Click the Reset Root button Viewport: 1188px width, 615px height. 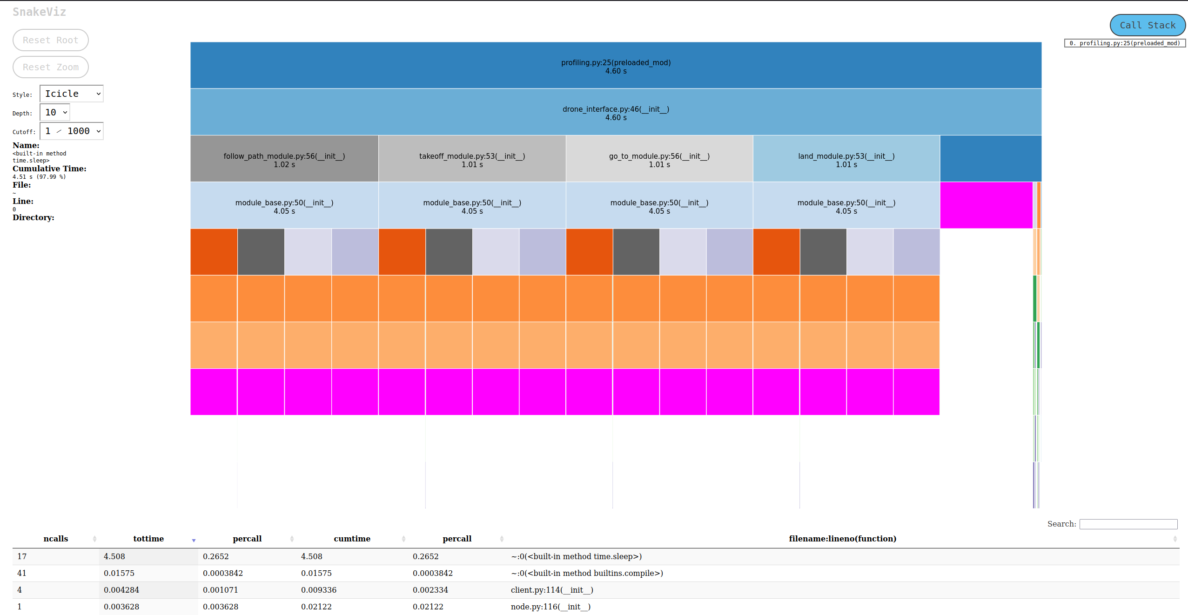coord(50,40)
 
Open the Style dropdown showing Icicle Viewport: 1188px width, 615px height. coord(72,94)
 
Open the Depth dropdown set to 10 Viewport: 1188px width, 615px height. coord(55,112)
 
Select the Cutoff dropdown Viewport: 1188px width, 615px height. coord(72,131)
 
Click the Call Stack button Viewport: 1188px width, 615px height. coord(1147,25)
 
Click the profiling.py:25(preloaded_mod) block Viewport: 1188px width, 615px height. coord(615,66)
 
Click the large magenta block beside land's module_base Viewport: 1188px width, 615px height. coord(986,205)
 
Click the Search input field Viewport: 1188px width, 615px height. coord(1128,524)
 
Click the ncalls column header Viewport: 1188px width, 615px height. coord(56,539)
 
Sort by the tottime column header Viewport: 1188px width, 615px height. coord(148,539)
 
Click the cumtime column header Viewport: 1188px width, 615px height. coord(352,539)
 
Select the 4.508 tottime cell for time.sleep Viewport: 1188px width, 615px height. coord(114,556)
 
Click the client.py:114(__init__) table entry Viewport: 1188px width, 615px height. coord(552,590)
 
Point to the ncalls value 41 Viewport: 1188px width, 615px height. coord(22,573)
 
